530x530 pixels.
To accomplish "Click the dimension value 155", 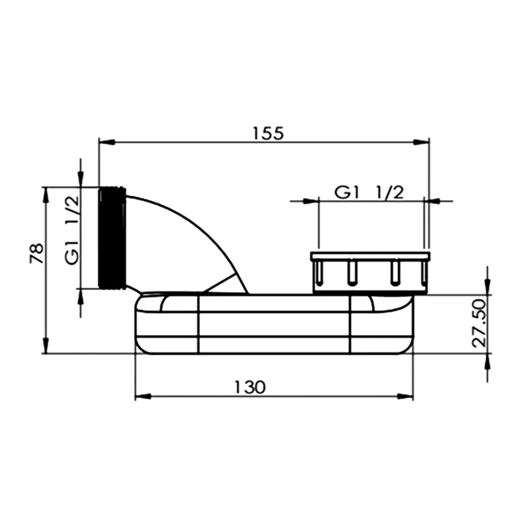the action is click(x=268, y=133).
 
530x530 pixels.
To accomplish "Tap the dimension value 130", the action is click(x=250, y=387).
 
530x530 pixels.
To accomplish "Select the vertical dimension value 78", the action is click(x=37, y=254).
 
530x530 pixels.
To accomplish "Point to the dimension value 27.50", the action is click(x=479, y=323).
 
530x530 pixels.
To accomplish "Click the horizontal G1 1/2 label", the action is click(x=369, y=193).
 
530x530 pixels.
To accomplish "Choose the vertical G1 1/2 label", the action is click(x=72, y=230).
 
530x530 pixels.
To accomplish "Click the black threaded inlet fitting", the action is click(x=112, y=238).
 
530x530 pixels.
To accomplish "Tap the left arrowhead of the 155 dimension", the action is click(x=107, y=142).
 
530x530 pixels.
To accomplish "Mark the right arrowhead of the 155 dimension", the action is click(x=421, y=142).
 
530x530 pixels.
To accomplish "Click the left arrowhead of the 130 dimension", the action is click(x=143, y=396).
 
